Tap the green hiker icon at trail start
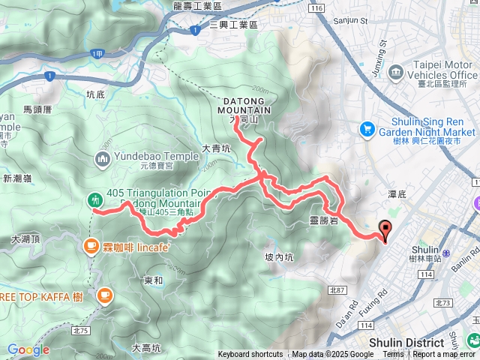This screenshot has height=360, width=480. click(95, 199)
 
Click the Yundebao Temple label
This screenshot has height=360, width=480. click(146, 158)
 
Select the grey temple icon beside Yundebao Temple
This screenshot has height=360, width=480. click(103, 159)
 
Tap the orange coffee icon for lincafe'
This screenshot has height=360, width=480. click(91, 245)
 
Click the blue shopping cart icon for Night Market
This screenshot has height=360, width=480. click(367, 129)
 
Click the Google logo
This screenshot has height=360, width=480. click(28, 349)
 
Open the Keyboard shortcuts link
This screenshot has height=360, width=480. click(250, 355)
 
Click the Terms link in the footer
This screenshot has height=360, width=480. click(393, 355)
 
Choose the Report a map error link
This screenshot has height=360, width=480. click(444, 355)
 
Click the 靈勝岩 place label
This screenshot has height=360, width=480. click(323, 220)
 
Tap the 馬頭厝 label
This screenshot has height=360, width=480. click(37, 109)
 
